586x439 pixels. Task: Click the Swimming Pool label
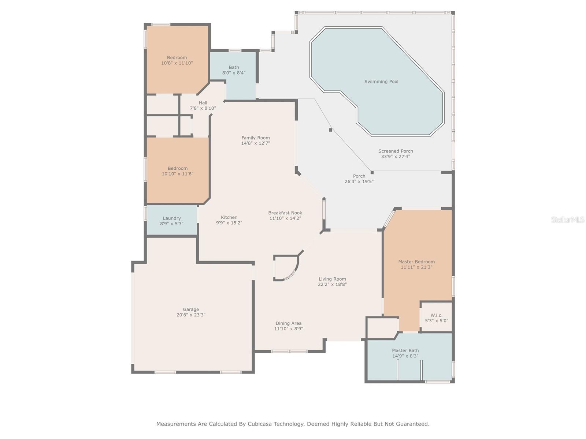381,82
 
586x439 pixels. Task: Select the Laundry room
172,221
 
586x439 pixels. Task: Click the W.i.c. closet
436,318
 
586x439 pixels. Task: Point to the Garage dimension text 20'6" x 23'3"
191,315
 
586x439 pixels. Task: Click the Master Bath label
405,350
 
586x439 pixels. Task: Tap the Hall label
203,103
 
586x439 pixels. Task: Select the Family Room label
255,138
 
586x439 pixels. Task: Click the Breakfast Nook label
285,213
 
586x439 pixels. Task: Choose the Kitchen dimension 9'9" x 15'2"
229,223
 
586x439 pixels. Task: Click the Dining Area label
289,323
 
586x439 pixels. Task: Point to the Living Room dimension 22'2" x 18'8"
332,284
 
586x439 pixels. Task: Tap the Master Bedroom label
416,262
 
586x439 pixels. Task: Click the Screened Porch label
396,151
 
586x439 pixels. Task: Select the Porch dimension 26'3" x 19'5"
359,181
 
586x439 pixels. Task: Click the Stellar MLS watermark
568,219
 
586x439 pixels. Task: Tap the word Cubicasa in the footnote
262,424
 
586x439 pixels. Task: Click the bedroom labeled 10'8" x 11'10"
177,60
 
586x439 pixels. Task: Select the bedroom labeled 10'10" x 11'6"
178,171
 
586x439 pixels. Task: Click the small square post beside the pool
330,130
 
